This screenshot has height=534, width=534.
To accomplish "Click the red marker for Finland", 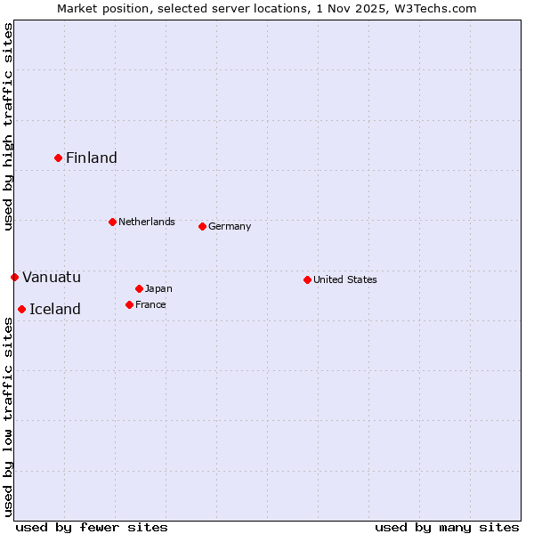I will click(59, 158).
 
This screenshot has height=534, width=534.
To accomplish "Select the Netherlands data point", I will click(112, 222).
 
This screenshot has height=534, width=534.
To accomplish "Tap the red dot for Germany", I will click(202, 226).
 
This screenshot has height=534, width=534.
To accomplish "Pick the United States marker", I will click(307, 279).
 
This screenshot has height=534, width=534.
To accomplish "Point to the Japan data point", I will click(139, 288).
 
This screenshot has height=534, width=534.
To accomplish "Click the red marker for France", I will click(129, 304).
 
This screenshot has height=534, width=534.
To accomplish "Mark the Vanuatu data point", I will click(14, 277).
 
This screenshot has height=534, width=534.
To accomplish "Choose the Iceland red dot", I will click(21, 309).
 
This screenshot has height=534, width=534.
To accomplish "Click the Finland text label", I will click(92, 158).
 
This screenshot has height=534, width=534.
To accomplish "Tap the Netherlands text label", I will click(147, 222).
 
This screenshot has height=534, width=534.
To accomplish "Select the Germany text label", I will click(230, 226).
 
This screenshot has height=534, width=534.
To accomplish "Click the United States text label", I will click(345, 279).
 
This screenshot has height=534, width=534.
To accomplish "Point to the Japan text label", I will click(158, 288).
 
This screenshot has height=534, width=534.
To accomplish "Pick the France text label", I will click(150, 304).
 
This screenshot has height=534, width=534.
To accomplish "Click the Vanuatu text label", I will click(52, 278).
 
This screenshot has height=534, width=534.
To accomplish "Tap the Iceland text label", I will click(55, 310).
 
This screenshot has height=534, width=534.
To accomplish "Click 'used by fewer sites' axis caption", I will click(92, 527).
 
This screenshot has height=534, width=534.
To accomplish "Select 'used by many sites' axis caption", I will click(447, 527).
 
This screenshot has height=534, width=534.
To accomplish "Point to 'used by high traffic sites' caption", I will click(8, 126).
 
